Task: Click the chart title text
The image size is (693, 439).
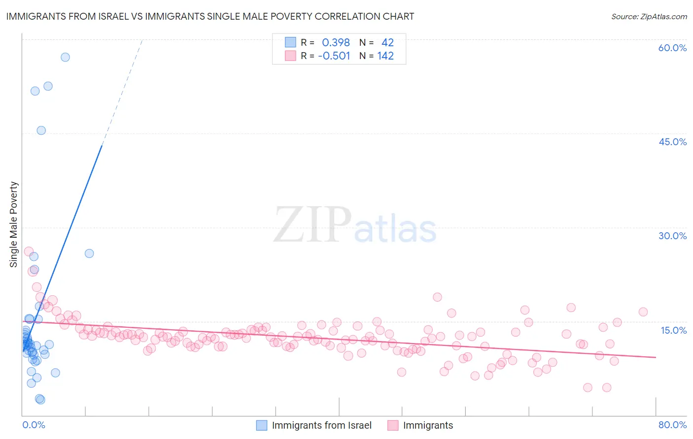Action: (x=210, y=16)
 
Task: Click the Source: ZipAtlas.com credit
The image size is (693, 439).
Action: (x=649, y=16)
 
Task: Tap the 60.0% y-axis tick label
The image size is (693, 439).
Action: (x=672, y=48)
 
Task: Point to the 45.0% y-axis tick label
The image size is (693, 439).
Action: (x=672, y=142)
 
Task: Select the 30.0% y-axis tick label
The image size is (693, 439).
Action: (x=672, y=236)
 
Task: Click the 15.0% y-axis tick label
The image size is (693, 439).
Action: (x=673, y=330)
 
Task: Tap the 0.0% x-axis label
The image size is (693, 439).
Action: (x=34, y=425)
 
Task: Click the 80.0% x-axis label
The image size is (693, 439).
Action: (x=672, y=425)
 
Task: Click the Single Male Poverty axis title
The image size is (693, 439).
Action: (x=14, y=224)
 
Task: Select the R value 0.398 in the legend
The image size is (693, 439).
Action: (x=336, y=42)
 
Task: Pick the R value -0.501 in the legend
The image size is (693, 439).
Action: (x=334, y=56)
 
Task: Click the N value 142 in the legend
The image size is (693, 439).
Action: (x=385, y=56)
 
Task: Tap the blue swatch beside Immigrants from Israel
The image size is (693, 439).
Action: (x=262, y=425)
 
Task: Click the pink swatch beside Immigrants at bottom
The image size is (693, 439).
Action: (x=393, y=425)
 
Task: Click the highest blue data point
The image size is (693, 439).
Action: (x=65, y=57)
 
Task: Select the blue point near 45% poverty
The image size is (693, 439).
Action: (x=41, y=130)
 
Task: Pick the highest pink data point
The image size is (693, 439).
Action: (x=29, y=251)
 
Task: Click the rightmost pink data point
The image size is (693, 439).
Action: (x=643, y=312)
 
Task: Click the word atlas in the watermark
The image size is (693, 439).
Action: (x=395, y=228)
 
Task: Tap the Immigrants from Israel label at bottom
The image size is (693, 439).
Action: (x=322, y=425)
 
